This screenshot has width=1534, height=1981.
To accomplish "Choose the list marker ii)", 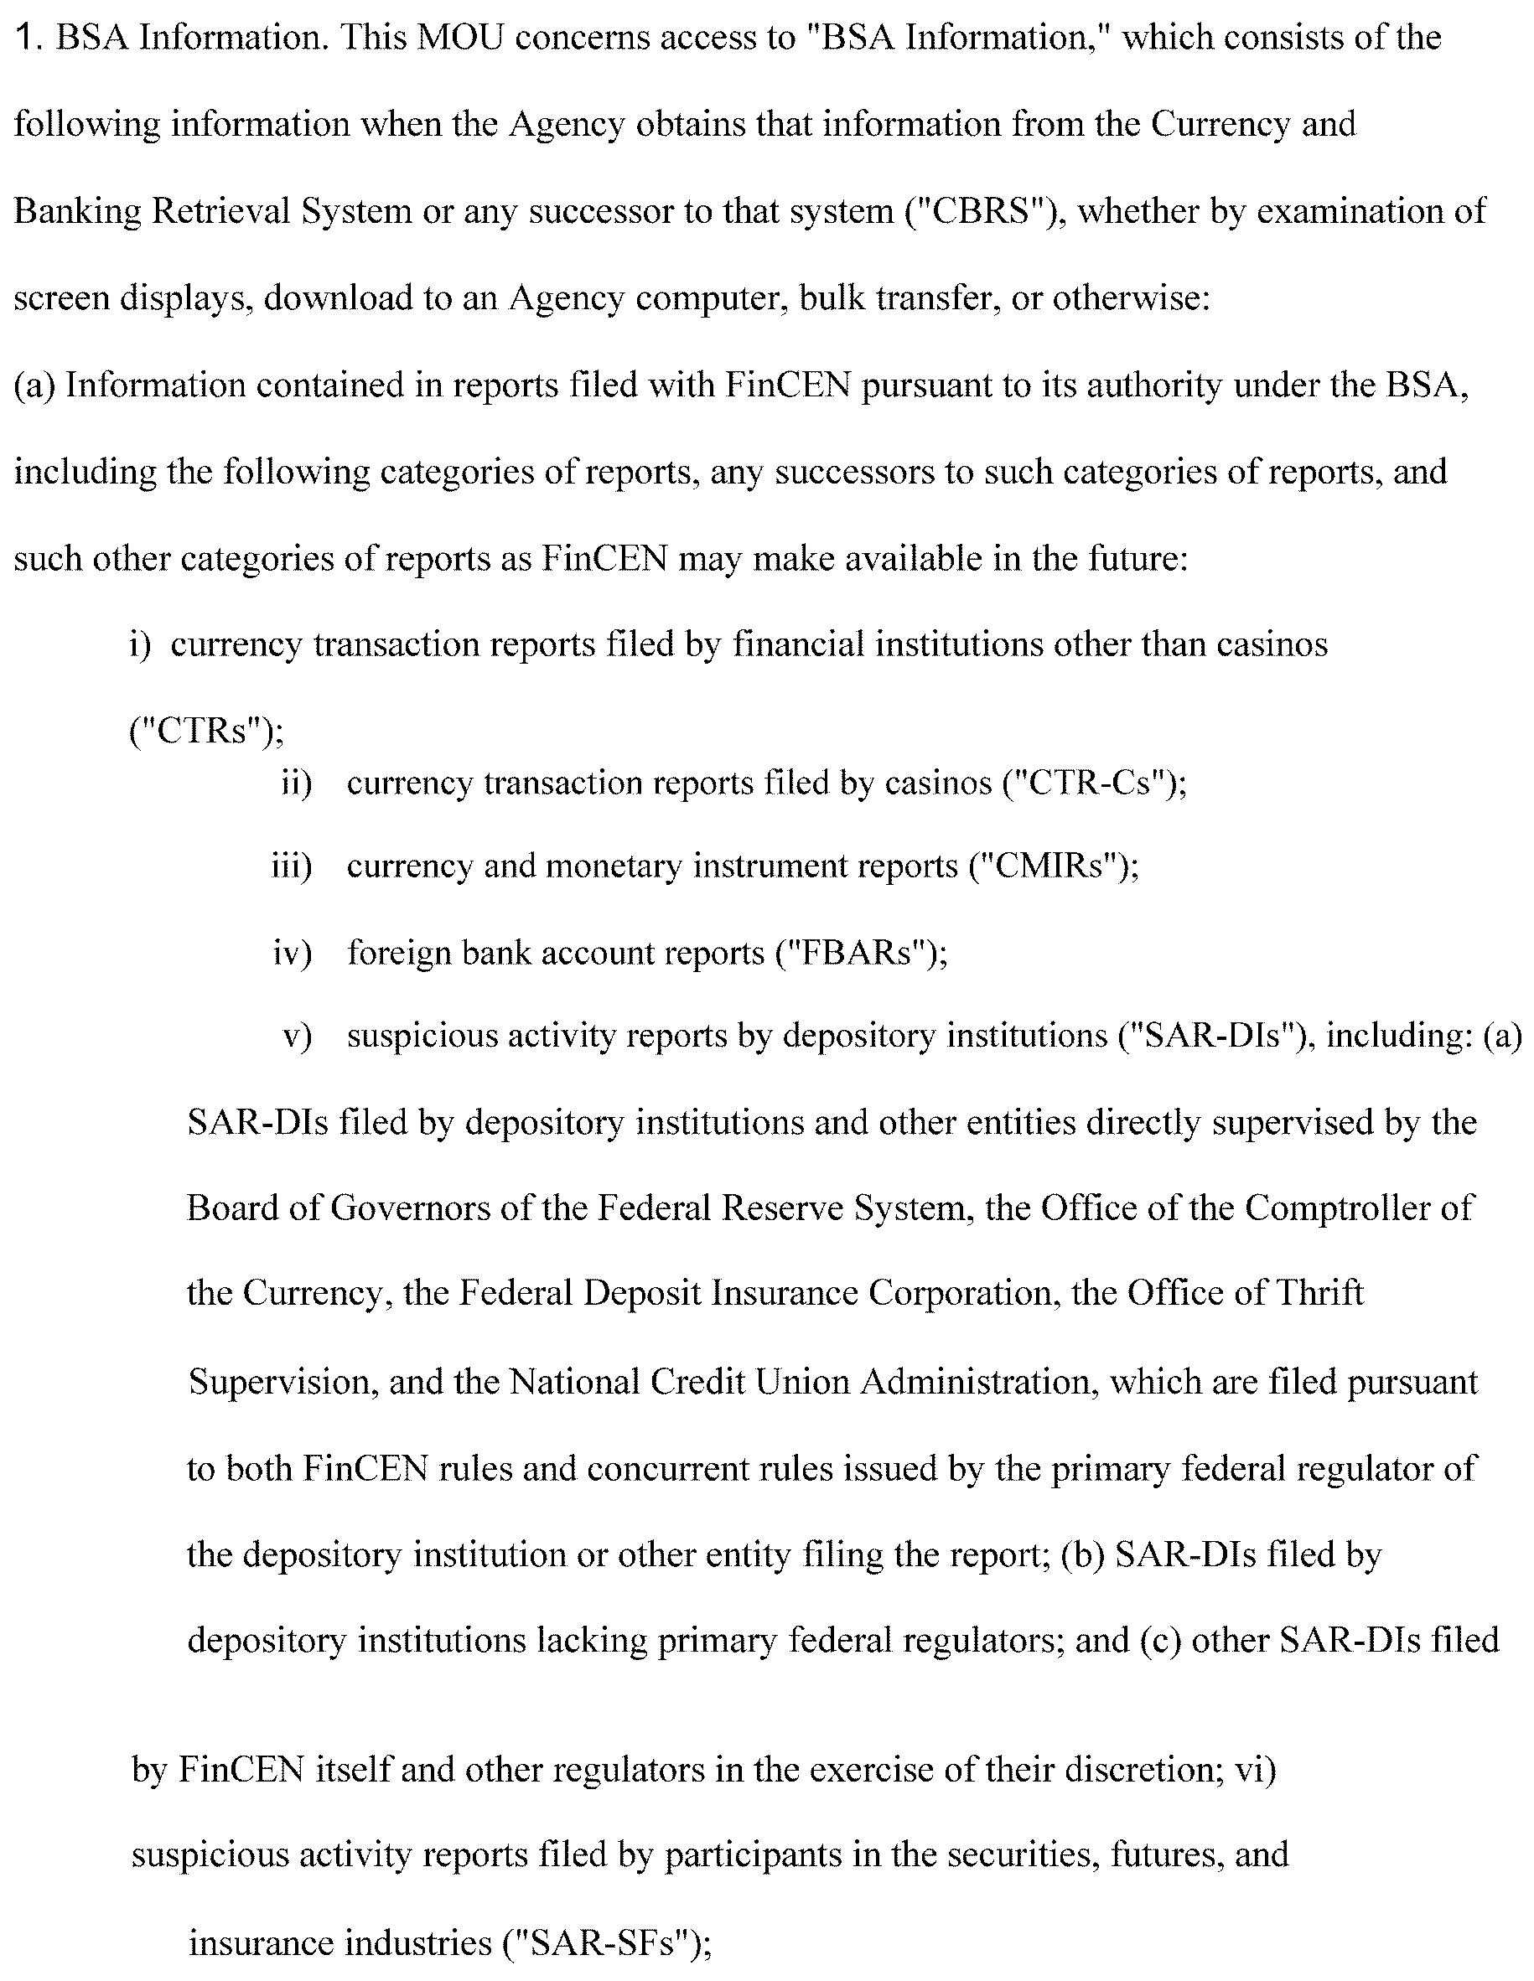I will coord(297,783).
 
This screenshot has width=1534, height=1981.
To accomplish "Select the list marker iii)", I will coord(291,866).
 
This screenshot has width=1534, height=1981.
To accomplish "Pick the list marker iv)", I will coord(292,954).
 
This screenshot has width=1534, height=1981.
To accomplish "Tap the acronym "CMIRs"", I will coord(1053,866).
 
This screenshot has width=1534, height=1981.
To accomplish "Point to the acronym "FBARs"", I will coord(862,954).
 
